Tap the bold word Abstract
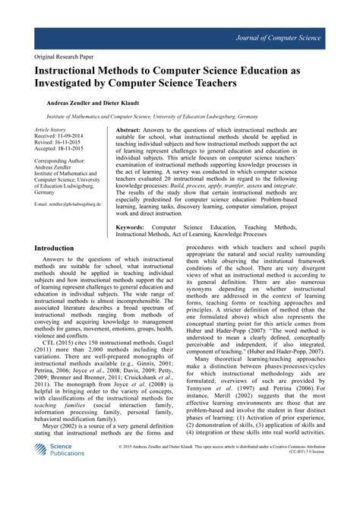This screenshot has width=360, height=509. pos(132,131)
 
